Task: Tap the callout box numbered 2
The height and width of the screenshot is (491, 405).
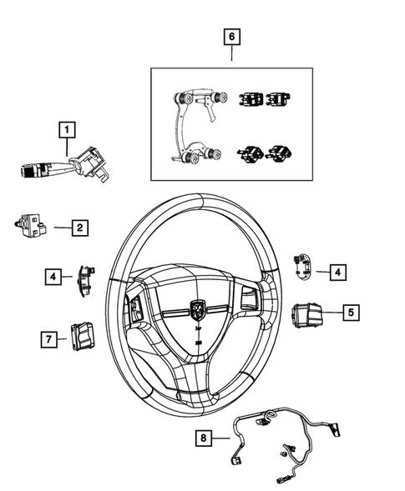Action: (x=79, y=226)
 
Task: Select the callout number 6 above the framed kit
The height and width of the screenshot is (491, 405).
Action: (x=231, y=36)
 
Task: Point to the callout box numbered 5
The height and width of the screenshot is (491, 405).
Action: (x=351, y=313)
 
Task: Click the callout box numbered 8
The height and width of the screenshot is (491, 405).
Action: (x=201, y=436)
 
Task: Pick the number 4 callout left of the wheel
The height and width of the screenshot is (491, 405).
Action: (x=53, y=276)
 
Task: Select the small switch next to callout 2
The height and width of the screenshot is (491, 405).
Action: (x=32, y=224)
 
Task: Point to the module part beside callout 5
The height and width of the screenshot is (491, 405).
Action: (x=306, y=315)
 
